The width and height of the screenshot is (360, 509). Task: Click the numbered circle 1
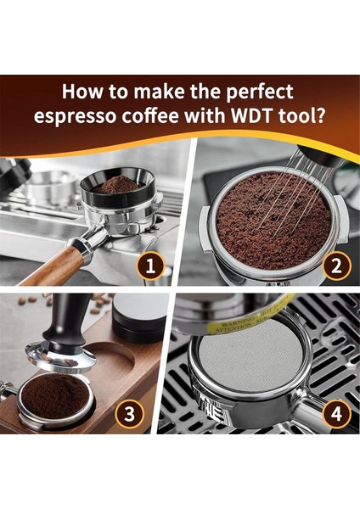[x=152, y=266]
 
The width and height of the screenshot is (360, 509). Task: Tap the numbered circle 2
[x=336, y=266]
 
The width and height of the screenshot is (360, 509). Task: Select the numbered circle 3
[x=128, y=414]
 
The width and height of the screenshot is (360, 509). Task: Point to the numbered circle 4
[x=336, y=414]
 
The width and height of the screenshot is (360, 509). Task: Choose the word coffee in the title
[x=175, y=115]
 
